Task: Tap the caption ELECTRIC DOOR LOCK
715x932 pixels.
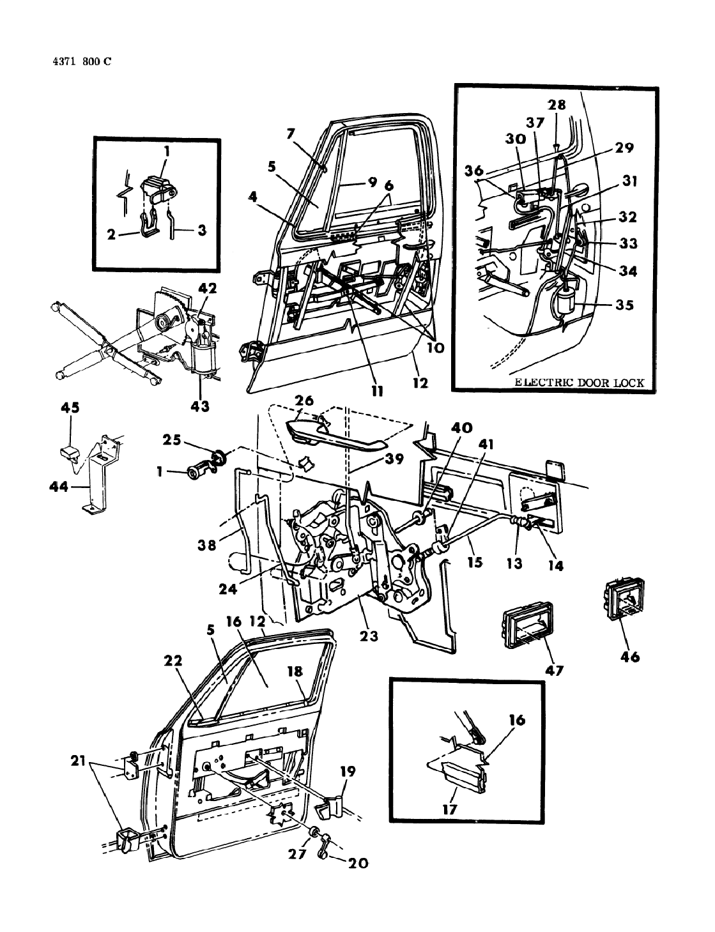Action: [580, 383]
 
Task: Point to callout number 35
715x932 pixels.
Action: [624, 305]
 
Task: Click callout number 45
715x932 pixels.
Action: [70, 408]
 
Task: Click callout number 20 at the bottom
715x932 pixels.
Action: [358, 862]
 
